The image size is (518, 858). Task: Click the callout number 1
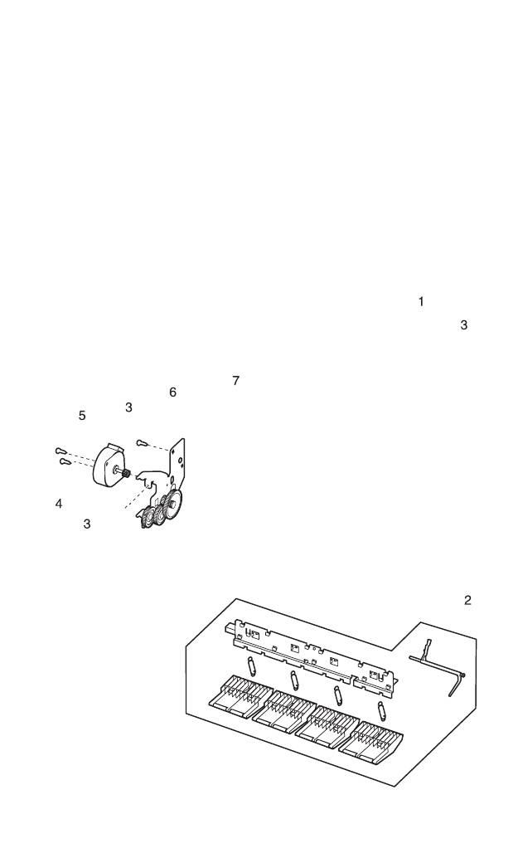[x=421, y=302]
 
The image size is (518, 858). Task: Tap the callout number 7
[x=235, y=381]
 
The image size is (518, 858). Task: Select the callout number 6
[x=172, y=392]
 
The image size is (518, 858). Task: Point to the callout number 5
[x=82, y=416]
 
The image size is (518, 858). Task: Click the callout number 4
[x=59, y=504]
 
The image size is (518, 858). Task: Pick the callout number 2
[x=467, y=600]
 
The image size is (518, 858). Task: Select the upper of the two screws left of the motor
[x=61, y=451]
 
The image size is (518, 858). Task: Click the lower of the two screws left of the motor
[x=65, y=462]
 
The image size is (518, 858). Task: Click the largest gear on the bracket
[x=173, y=506]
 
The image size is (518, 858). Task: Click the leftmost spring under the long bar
[x=250, y=665]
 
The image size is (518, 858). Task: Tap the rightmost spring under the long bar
[x=381, y=710]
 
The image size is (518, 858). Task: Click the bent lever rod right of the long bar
[x=439, y=665]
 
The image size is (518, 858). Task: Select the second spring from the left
[x=293, y=680]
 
